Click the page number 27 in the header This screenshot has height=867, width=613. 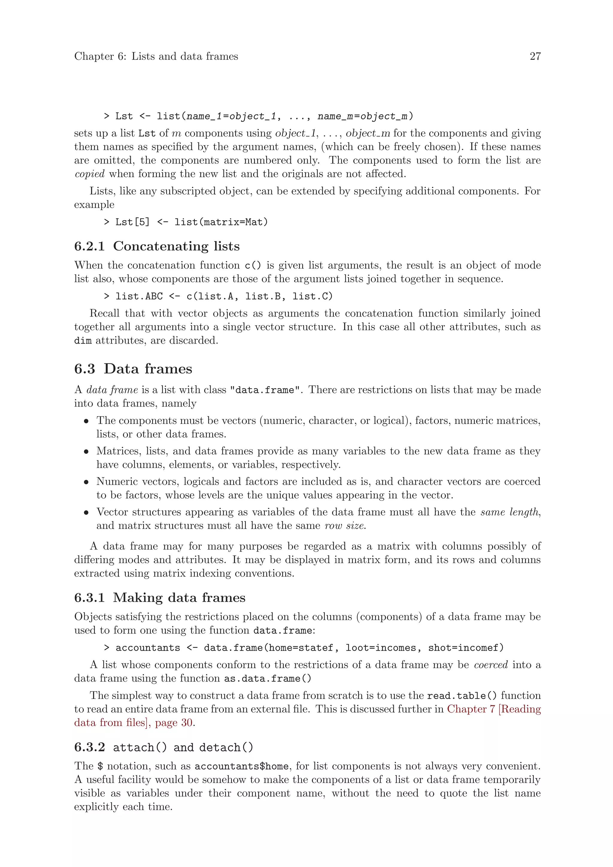point(535,56)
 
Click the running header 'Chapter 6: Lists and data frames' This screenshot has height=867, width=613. point(156,56)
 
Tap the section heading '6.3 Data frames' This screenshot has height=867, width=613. point(133,369)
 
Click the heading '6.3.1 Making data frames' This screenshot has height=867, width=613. point(160,597)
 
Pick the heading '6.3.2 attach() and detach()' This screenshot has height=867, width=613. point(163,747)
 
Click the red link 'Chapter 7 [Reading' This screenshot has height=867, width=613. point(494,709)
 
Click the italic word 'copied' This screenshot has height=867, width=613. point(89,174)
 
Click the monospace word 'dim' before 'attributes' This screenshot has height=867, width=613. point(83,341)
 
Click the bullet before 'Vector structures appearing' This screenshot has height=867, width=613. point(87,513)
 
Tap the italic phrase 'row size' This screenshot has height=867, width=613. point(345,526)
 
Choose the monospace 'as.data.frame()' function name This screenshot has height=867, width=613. point(268,679)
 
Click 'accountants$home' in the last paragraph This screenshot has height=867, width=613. point(242,766)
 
